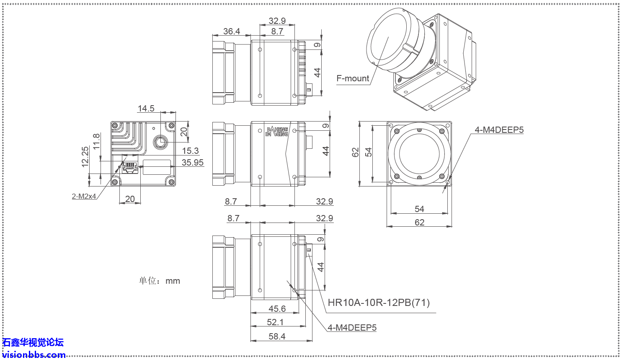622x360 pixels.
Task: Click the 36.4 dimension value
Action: [231, 31]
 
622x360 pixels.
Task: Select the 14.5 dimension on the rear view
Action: [146, 109]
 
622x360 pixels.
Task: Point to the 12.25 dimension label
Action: [85, 157]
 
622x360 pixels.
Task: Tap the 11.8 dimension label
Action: [96, 142]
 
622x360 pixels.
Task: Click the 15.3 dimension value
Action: [190, 151]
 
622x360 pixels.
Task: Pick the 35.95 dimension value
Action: [192, 163]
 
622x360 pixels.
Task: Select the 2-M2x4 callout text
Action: [84, 196]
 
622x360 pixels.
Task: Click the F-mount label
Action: [353, 78]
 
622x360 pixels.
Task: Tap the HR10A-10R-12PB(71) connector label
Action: [379, 303]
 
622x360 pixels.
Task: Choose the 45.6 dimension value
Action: [277, 309]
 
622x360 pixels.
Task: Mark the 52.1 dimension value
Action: [275, 322]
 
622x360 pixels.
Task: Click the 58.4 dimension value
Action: [277, 337]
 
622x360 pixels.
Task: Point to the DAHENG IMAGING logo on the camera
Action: [277, 132]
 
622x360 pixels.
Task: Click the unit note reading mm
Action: [160, 281]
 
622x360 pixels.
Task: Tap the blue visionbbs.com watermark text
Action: [34, 355]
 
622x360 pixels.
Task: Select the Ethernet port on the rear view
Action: [130, 167]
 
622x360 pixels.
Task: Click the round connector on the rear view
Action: [160, 142]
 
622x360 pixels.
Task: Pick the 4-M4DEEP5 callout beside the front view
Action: [499, 130]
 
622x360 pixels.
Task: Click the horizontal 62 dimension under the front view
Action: [419, 223]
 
